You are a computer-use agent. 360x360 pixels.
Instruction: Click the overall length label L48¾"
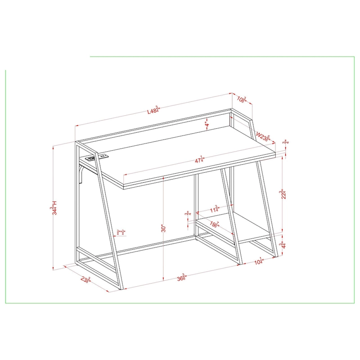click(x=153, y=111)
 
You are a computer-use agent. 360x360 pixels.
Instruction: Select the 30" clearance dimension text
click(x=164, y=228)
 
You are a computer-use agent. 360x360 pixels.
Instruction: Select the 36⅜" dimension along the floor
click(x=182, y=278)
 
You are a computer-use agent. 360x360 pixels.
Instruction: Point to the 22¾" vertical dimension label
click(x=282, y=195)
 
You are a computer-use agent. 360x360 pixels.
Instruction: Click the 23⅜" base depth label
click(x=86, y=280)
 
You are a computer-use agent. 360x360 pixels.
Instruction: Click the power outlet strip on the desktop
click(x=99, y=157)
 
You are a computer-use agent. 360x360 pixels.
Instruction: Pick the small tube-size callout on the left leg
click(x=121, y=232)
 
